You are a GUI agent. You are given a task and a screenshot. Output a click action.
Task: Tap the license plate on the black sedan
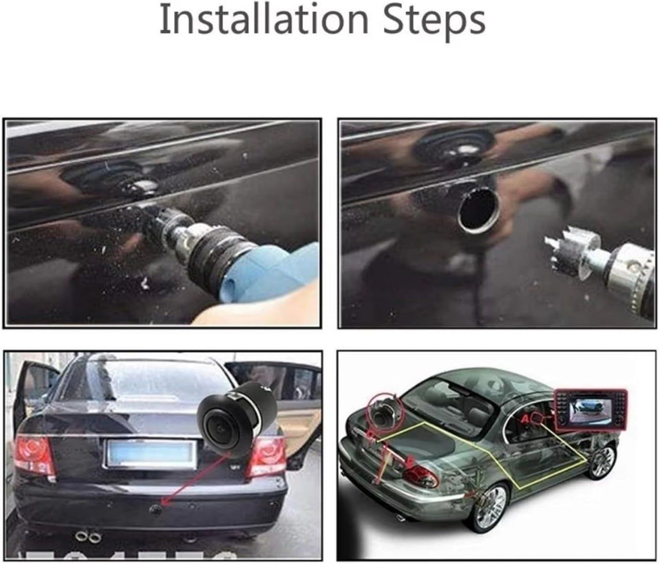pyautogui.click(x=147, y=453)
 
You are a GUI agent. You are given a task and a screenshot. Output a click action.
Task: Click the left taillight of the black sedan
pyautogui.click(x=35, y=454)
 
